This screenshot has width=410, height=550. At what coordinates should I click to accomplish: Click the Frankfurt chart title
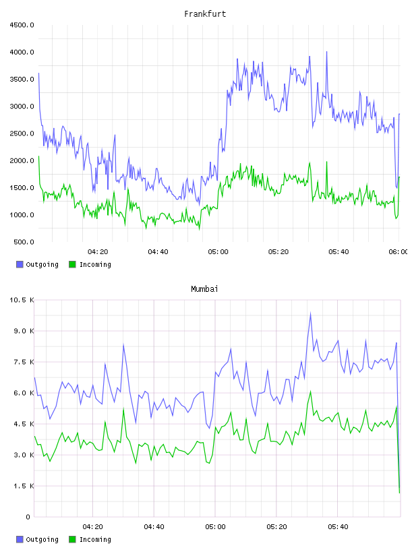point(205,14)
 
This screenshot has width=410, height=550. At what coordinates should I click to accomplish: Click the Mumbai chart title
point(204,289)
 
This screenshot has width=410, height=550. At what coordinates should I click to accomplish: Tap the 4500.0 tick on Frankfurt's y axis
point(22,25)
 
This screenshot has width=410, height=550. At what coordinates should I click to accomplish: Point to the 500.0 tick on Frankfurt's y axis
point(24,242)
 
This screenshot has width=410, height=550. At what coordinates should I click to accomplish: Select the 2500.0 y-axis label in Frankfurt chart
point(22,133)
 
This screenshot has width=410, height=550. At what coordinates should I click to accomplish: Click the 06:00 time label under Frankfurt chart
point(399,252)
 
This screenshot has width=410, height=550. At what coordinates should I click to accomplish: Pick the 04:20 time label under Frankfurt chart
point(98,252)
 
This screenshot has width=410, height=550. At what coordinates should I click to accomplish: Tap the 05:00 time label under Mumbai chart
point(216,527)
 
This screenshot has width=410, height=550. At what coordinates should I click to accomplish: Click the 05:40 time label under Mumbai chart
point(338,527)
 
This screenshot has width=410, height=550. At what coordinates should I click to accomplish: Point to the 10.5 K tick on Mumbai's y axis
point(22,300)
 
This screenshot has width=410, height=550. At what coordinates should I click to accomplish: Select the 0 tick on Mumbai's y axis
point(28,517)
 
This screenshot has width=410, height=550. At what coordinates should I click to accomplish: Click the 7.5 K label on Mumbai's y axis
point(24,362)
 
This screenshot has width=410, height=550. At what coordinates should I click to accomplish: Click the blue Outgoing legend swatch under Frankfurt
point(20,264)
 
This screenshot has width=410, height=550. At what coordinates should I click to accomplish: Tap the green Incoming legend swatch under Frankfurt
point(72,264)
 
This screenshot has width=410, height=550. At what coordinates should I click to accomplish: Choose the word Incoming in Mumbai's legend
point(95,539)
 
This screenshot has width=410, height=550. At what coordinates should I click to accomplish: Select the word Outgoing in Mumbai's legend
point(42,539)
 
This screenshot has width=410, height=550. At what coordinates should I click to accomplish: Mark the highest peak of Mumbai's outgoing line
point(310,313)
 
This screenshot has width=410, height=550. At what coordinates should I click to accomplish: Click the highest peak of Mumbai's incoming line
point(310,392)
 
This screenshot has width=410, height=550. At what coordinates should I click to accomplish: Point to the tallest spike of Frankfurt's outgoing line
point(327,52)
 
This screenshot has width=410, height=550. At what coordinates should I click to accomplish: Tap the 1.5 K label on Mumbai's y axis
point(24,486)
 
